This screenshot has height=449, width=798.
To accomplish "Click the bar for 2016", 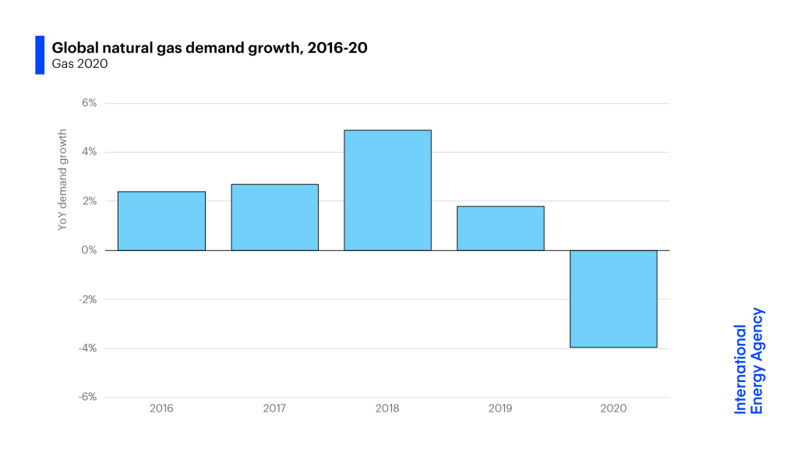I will coord(161,221).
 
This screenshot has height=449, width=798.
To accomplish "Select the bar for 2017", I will coord(274,217).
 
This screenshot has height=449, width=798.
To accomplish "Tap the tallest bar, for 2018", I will coord(387,190).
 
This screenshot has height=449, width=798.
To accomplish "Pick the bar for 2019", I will coord(500,228).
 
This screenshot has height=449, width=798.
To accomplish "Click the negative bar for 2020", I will coord(613,299).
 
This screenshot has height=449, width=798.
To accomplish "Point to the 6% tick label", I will coord(88,103).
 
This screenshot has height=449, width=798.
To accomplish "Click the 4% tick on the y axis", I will coord(88,152).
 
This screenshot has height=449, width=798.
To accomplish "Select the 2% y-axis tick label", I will coord(88,201).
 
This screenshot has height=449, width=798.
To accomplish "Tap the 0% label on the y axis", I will coord(88,250).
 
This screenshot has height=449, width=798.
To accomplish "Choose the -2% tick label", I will coord(87,299).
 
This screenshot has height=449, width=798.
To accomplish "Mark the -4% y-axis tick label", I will coord(87,348).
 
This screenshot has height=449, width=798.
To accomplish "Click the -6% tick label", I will coord(87,397).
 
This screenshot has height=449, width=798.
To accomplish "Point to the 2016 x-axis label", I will coord(161,408).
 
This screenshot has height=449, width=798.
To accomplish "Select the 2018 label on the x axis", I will coord(387,408).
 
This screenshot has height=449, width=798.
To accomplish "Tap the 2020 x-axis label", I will coord(613,408).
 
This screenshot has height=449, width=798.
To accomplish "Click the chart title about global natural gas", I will coord(210,48).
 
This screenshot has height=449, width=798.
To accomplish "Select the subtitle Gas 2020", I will coord(79,64).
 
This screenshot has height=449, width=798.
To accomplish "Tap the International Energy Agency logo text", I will coord(748,360).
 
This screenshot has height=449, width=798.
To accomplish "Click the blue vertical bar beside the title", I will coord(40,55).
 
